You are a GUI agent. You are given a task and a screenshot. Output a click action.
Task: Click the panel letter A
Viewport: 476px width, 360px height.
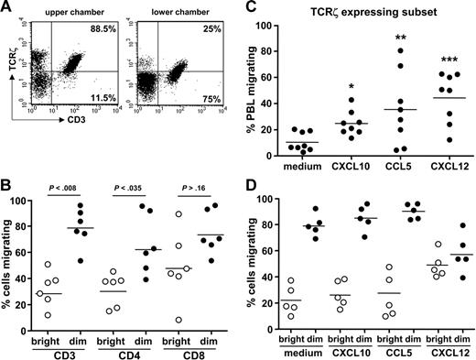[x=8, y=9]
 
